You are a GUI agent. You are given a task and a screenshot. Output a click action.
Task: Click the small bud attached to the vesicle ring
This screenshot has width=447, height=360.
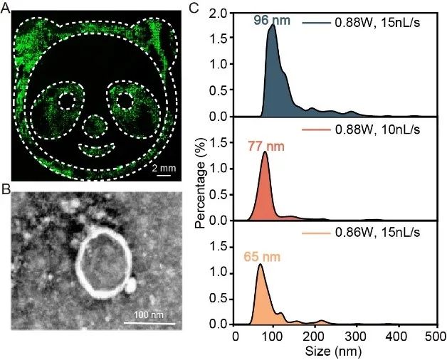(x=130, y=285)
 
